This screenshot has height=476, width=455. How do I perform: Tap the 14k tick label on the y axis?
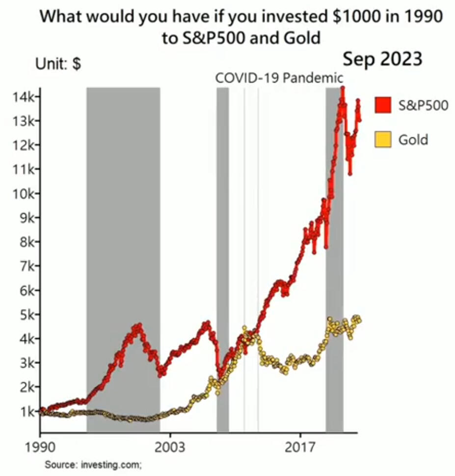(x=23, y=97)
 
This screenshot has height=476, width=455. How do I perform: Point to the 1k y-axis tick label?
(x=26, y=412)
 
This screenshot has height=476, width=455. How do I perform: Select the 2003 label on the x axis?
(x=170, y=448)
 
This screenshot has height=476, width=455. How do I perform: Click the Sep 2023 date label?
(x=382, y=59)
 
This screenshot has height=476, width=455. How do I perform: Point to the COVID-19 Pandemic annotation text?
(x=279, y=78)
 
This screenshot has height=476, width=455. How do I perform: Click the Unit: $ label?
(x=58, y=64)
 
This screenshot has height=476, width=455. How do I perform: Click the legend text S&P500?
(x=423, y=105)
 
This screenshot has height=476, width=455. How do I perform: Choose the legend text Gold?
(x=413, y=139)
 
